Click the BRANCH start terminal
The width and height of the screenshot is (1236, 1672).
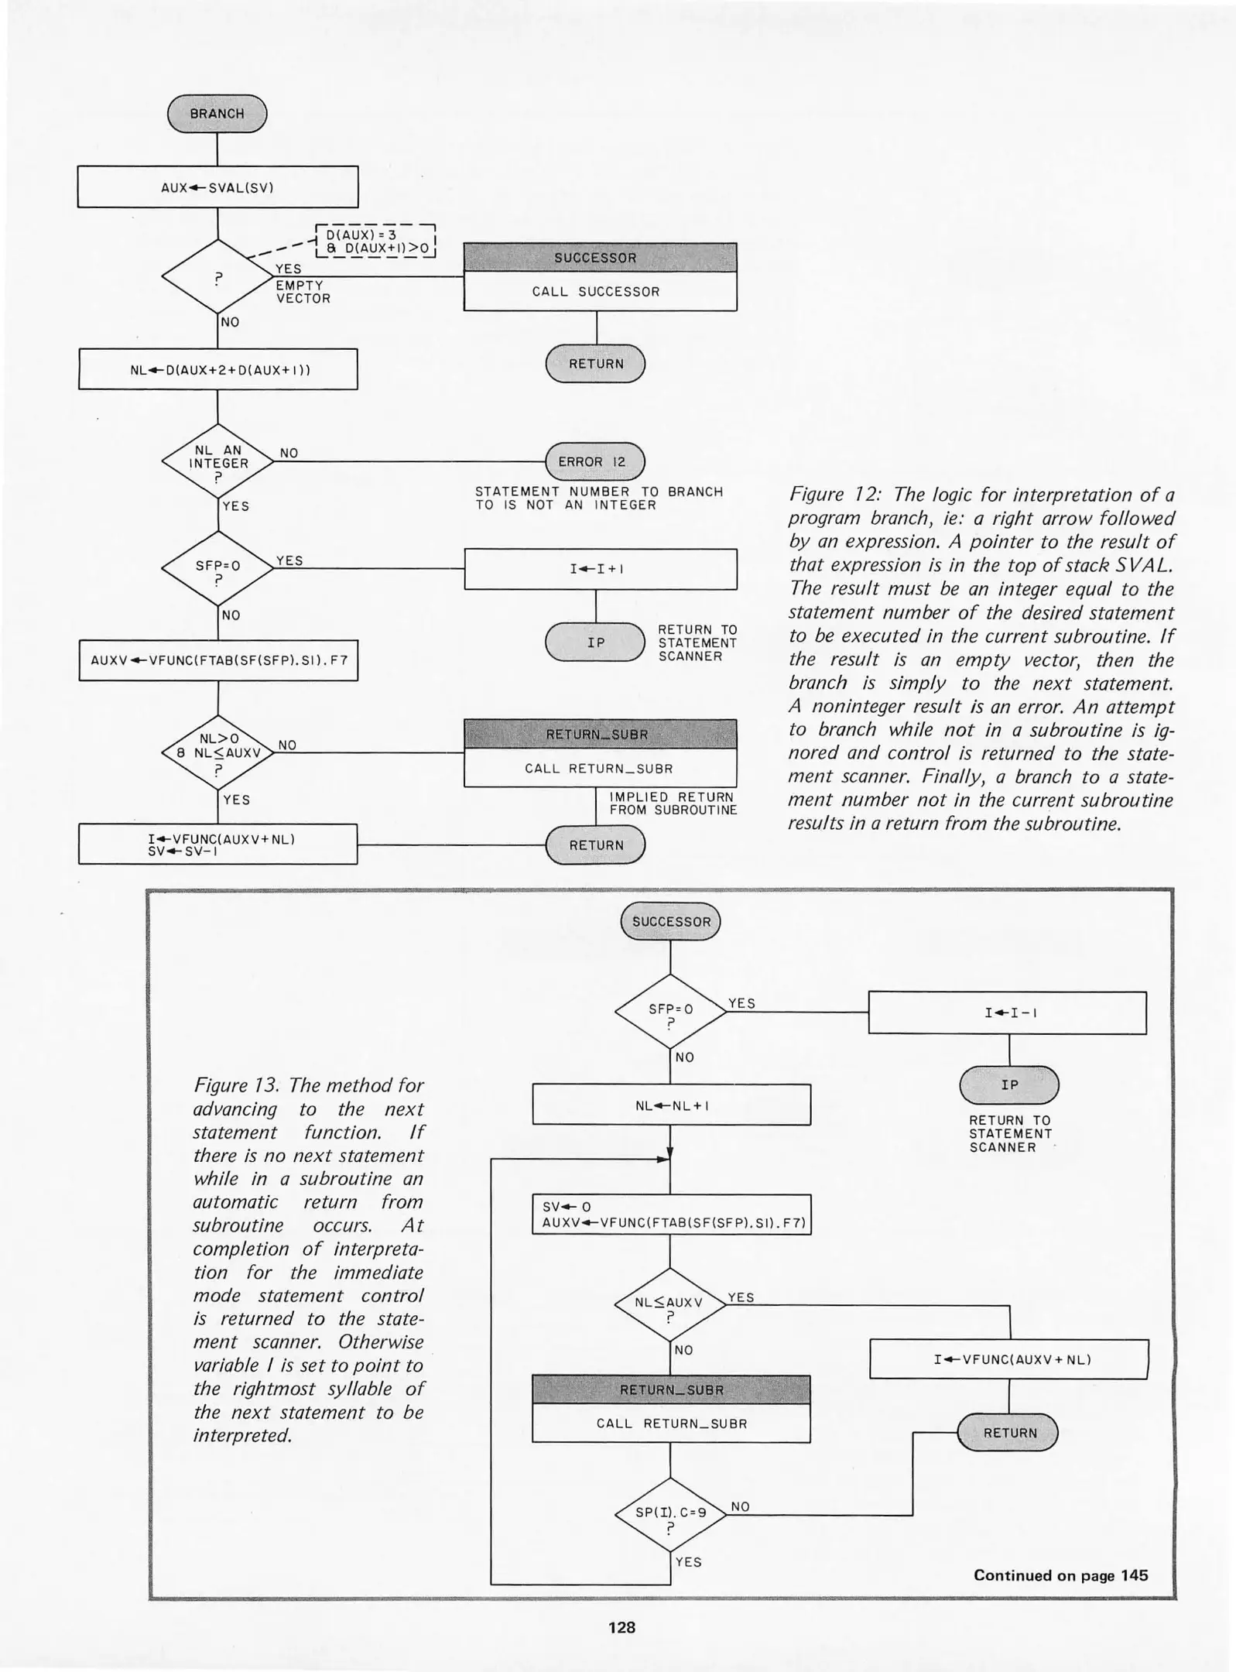(217, 114)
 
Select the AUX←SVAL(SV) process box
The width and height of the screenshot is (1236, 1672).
(217, 187)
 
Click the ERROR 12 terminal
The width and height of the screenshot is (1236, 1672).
(594, 462)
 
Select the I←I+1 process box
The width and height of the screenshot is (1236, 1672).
(600, 569)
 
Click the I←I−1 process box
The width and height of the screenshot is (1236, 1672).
(1007, 1012)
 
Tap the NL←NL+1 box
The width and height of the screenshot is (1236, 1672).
(671, 1105)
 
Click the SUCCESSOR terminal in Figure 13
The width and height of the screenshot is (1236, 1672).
(670, 922)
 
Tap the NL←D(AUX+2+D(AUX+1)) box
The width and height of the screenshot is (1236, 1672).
(217, 369)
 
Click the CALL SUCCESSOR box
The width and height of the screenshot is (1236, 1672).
(600, 292)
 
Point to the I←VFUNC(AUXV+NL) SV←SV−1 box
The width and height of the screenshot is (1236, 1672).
(217, 845)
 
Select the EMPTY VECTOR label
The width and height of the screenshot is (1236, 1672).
(303, 292)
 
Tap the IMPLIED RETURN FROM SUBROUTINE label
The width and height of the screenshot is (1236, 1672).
(672, 803)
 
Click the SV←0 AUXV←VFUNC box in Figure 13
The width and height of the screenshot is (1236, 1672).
(671, 1215)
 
